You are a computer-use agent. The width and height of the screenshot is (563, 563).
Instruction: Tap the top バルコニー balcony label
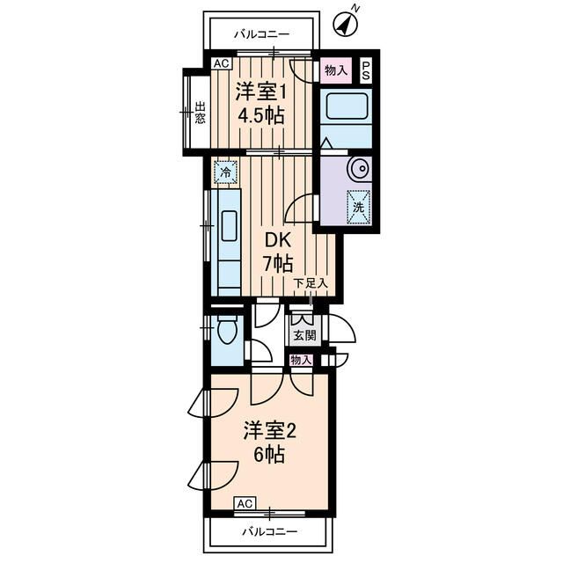point(261,35)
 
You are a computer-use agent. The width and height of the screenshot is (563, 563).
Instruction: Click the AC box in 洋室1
point(221,63)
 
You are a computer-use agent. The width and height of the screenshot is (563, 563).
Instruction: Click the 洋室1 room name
point(261,90)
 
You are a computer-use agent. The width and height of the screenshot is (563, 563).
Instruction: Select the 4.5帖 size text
point(261,115)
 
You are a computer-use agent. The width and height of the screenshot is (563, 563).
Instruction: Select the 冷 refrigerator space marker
point(225,172)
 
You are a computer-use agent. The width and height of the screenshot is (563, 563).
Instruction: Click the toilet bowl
point(226,332)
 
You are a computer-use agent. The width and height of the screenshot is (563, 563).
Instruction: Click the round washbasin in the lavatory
point(359,168)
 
